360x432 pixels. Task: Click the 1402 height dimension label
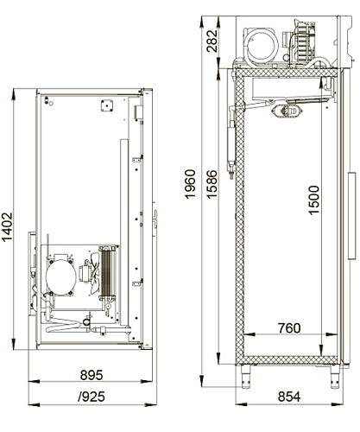[7, 227]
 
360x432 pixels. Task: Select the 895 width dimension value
[92, 375]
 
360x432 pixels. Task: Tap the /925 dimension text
[92, 397]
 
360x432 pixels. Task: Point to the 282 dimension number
[212, 41]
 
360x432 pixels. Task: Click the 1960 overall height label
[190, 184]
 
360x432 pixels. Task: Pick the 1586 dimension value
[212, 184]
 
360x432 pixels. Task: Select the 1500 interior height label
[313, 200]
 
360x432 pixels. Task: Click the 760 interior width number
[289, 328]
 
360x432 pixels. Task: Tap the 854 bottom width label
[289, 397]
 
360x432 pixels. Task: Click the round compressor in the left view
[60, 276]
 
